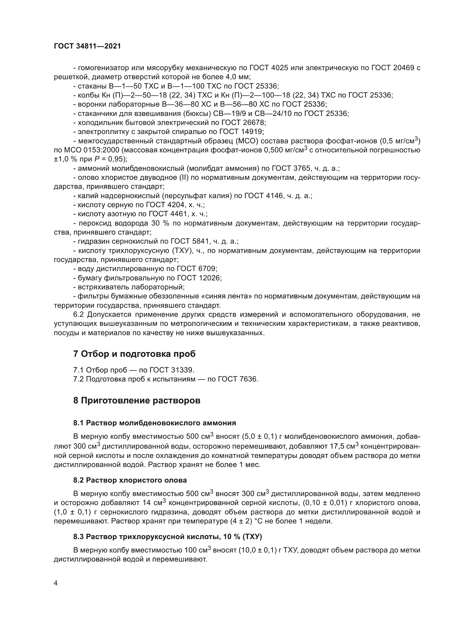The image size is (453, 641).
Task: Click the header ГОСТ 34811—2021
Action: click(x=87, y=46)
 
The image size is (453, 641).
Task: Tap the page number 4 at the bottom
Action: click(x=56, y=583)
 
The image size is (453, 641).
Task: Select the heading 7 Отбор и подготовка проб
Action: click(x=134, y=354)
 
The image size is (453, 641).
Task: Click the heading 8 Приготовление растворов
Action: click(x=137, y=401)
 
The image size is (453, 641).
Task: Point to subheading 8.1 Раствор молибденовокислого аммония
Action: click(x=154, y=423)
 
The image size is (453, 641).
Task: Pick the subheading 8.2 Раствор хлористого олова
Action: click(x=130, y=480)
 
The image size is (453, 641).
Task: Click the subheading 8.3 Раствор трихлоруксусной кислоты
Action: click(x=167, y=537)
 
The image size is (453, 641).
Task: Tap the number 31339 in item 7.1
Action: click(x=182, y=370)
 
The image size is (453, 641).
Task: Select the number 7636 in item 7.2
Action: click(x=248, y=379)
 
